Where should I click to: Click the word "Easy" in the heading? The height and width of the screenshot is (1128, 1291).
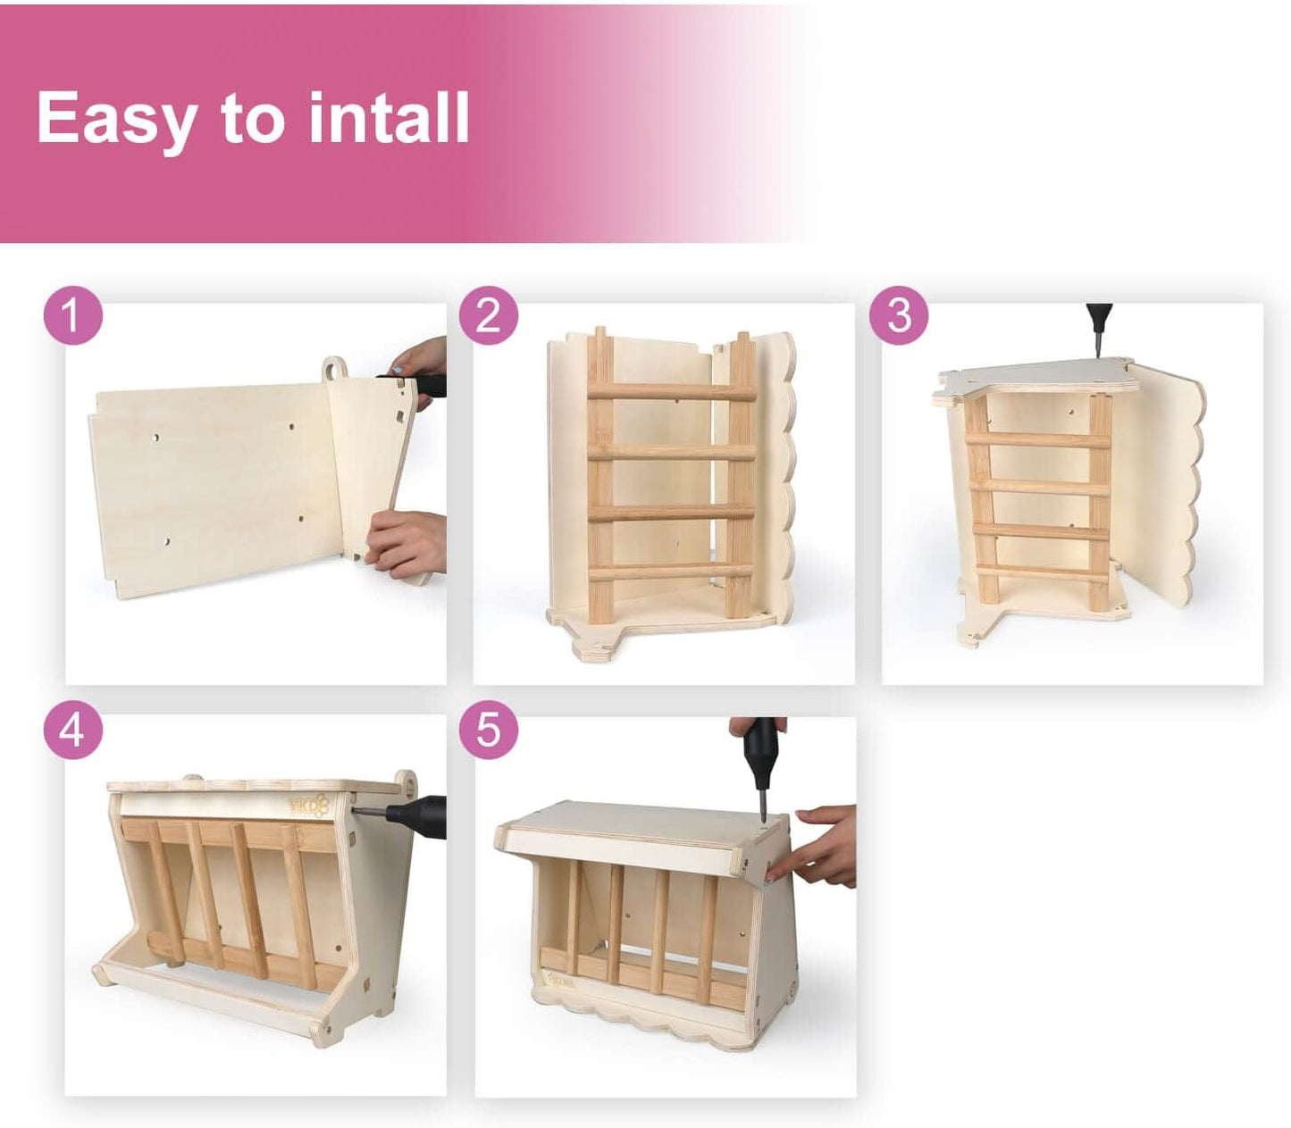(x=116, y=119)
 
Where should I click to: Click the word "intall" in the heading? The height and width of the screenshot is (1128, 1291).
(x=389, y=117)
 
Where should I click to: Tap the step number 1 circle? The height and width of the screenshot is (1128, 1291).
(x=73, y=316)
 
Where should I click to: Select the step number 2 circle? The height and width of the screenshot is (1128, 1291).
(x=488, y=316)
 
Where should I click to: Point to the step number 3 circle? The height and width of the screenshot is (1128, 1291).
(x=899, y=316)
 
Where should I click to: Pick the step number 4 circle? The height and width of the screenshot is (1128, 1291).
(x=73, y=730)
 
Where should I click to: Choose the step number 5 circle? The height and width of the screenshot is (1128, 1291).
(x=488, y=730)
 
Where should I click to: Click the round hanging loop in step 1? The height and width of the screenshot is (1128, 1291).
(x=334, y=368)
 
